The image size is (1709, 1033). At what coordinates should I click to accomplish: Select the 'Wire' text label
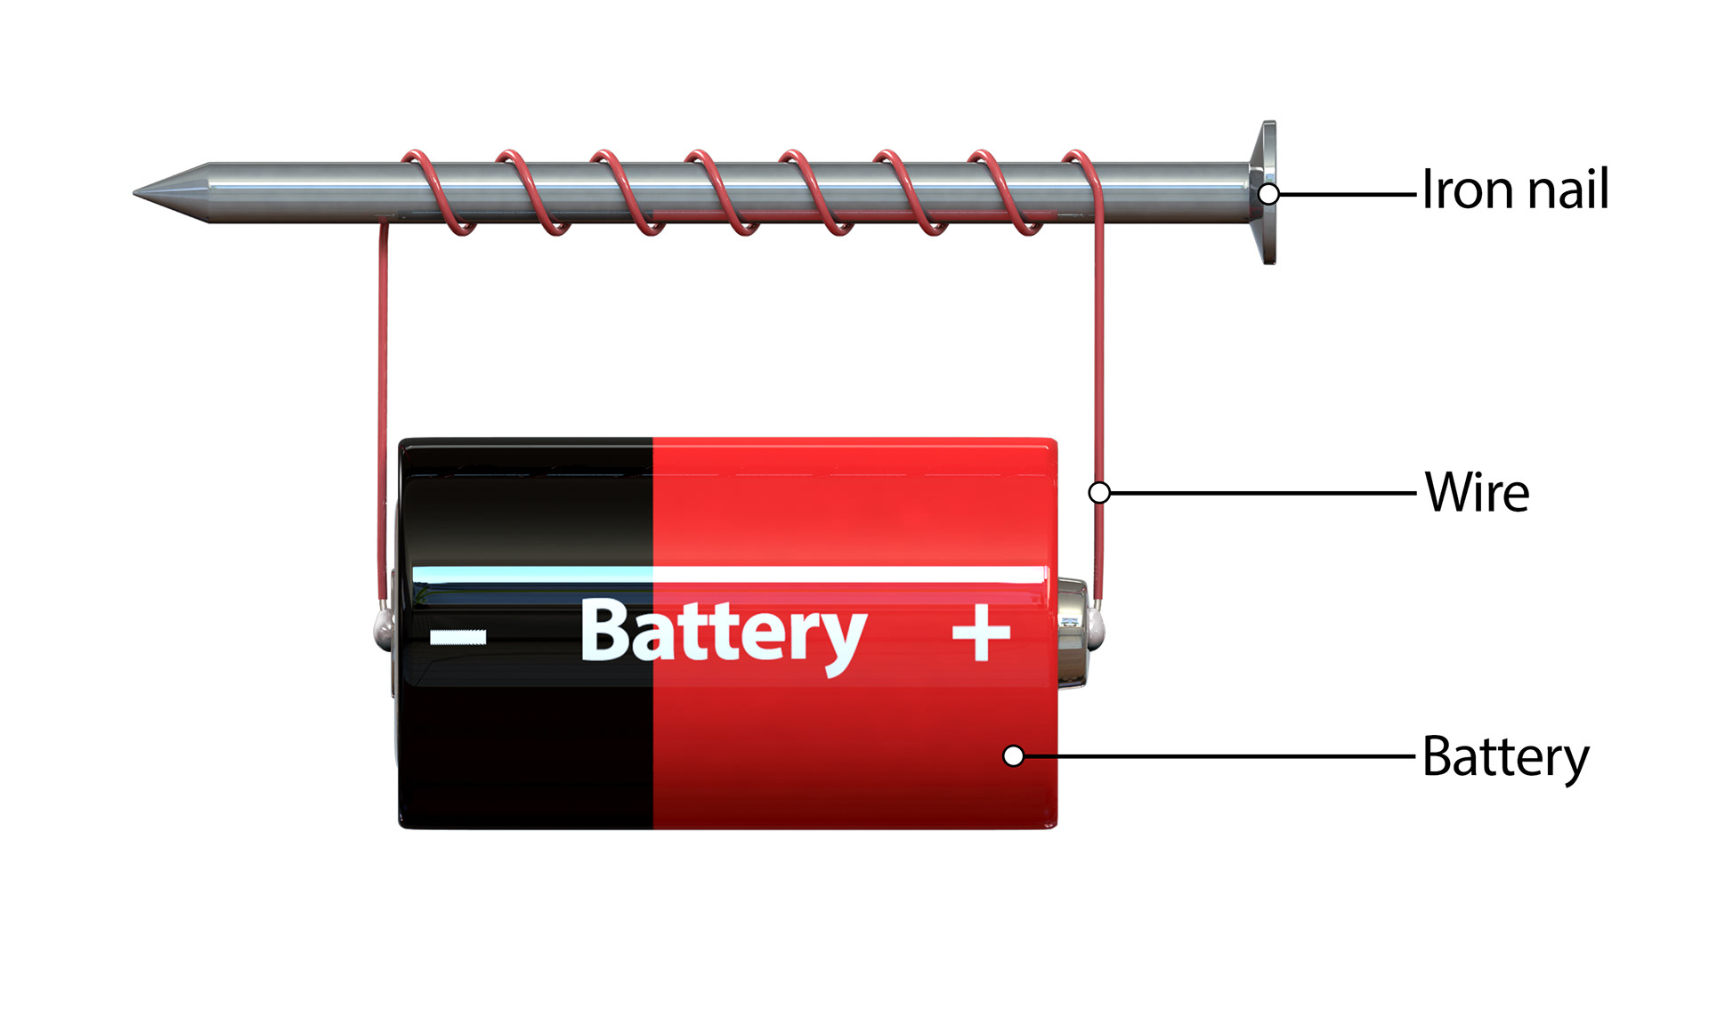1477,492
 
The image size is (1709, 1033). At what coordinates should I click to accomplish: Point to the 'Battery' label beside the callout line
1505,757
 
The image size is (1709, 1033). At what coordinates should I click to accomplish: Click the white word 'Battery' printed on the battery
723,633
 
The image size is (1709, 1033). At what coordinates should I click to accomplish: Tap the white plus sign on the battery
981,633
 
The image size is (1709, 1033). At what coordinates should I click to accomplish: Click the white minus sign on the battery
458,636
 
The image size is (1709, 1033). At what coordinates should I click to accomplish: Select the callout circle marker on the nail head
1269,193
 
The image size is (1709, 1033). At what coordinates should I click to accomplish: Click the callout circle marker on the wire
1099,492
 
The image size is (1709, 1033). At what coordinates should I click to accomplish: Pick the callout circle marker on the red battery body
1013,755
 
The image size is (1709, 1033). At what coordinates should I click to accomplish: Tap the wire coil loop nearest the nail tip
436,191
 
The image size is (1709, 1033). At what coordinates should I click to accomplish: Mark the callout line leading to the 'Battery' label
1219,756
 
